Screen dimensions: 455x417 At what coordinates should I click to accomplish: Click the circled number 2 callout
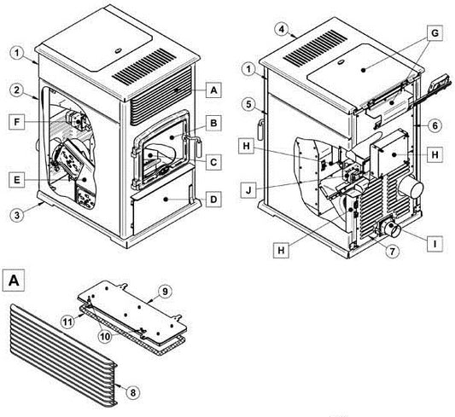click(17, 90)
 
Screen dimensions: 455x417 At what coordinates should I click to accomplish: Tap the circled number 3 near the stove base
click(17, 215)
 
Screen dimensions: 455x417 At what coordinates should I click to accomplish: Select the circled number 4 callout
click(283, 30)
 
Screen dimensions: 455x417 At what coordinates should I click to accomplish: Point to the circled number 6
click(435, 125)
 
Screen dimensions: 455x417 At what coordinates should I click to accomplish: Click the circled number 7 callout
click(392, 251)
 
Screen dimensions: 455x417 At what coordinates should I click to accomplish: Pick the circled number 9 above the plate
click(165, 292)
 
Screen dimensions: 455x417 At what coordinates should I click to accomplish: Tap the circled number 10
click(106, 337)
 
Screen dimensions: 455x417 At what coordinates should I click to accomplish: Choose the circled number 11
click(68, 321)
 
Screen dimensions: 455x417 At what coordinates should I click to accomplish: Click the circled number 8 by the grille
click(132, 392)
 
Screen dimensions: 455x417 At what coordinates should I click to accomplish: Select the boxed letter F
click(16, 122)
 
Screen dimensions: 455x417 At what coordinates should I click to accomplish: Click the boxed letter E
click(16, 180)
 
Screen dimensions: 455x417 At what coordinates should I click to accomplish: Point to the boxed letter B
click(213, 123)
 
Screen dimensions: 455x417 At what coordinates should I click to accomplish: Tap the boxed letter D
click(213, 199)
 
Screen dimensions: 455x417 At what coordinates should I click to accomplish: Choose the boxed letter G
click(435, 33)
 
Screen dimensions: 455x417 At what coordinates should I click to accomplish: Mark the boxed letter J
click(248, 190)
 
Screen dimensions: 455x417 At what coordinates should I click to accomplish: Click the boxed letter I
click(435, 244)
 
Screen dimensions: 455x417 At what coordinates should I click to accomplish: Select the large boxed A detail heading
click(14, 281)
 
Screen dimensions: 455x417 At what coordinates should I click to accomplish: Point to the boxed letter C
click(213, 162)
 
